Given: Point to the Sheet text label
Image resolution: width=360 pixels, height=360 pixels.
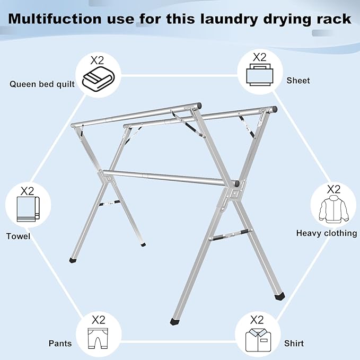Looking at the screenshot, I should (298, 81).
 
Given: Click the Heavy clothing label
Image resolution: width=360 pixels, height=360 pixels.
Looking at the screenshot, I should (326, 233).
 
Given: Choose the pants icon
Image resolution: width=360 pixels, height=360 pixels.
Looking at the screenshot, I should (99, 337).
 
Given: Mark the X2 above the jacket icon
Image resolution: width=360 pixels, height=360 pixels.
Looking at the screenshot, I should (333, 189).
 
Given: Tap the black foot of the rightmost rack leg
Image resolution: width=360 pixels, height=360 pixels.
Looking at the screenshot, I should (279, 296).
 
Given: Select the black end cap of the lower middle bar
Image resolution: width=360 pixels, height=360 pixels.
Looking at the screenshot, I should (236, 185).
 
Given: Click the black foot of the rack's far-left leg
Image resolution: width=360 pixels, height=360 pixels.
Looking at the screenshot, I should (72, 261).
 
